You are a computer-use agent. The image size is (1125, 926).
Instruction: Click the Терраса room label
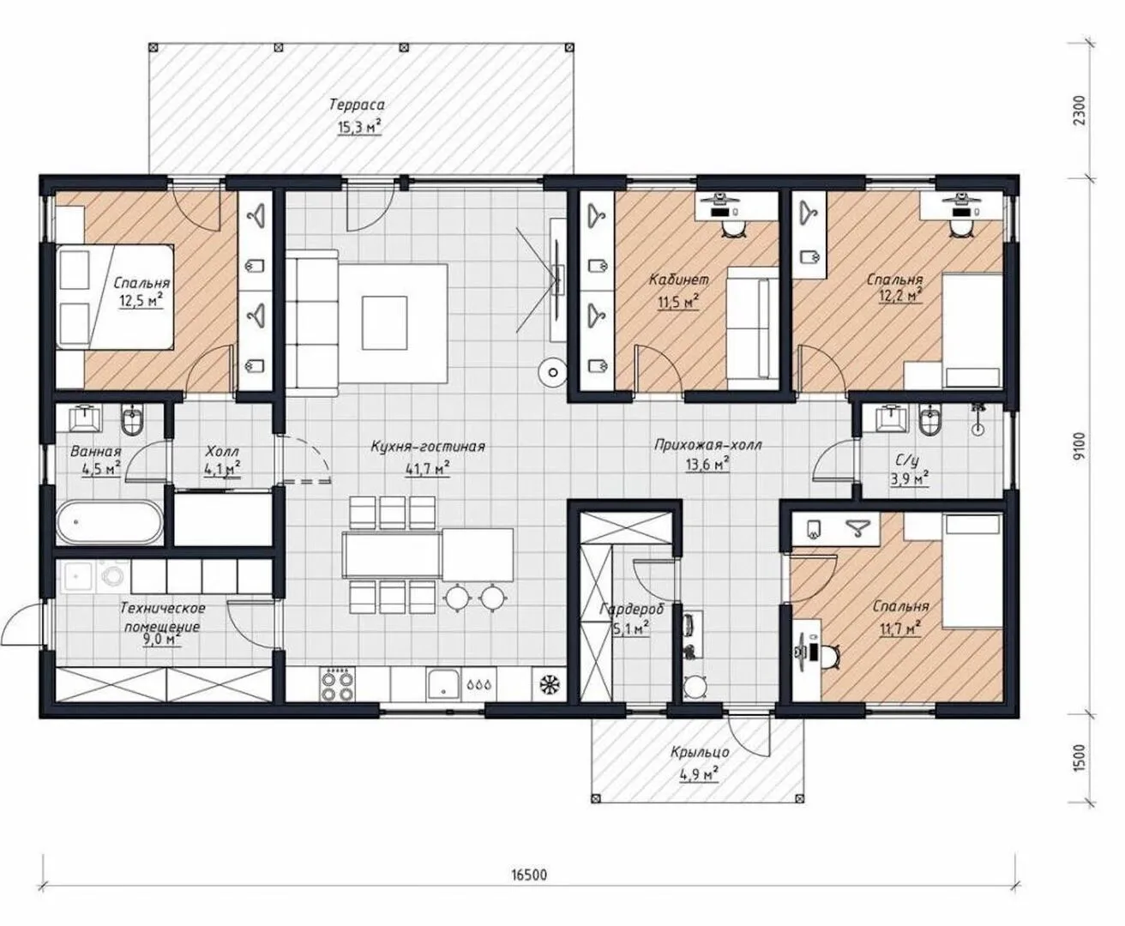(x=357, y=105)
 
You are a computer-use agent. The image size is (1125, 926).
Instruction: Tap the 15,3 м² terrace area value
(x=359, y=127)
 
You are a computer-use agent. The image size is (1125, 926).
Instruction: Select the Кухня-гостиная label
(x=428, y=447)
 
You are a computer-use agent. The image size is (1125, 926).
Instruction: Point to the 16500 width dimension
(x=529, y=875)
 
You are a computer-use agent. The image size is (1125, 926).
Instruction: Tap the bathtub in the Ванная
(x=110, y=521)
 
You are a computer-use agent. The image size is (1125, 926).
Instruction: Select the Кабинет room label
(x=679, y=280)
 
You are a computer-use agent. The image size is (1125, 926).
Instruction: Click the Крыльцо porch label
(x=700, y=753)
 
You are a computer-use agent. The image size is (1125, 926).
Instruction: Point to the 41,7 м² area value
(x=427, y=469)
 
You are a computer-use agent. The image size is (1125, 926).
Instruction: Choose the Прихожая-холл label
(x=708, y=445)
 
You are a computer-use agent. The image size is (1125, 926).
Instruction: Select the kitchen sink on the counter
(x=442, y=685)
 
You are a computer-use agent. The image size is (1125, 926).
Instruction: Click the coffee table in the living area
(x=384, y=323)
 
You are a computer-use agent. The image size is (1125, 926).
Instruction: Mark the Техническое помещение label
(x=162, y=617)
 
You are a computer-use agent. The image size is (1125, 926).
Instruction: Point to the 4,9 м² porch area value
(x=699, y=773)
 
